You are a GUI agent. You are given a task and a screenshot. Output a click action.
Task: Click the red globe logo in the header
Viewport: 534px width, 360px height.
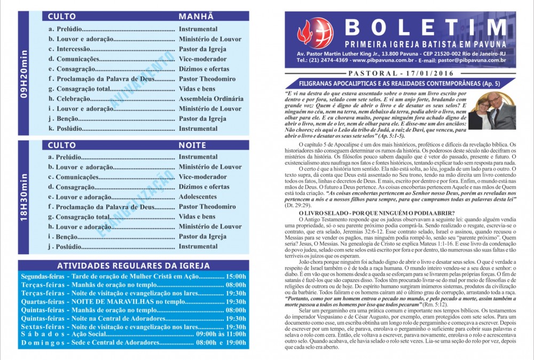point(315,33)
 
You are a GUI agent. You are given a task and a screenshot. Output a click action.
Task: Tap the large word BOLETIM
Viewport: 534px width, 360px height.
point(425,27)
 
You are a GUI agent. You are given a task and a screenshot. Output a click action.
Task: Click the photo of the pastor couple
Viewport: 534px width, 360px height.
point(492,111)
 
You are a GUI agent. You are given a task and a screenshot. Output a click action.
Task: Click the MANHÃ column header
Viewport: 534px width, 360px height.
point(196,17)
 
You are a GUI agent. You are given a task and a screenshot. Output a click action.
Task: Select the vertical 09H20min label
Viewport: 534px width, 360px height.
point(25,73)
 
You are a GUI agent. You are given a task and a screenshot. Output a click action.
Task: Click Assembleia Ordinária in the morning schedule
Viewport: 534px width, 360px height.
point(211,99)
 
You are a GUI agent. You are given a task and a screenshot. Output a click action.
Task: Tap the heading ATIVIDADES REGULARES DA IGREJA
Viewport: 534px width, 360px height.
point(133,266)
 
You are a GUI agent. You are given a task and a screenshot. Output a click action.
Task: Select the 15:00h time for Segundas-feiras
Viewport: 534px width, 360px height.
point(236,277)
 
